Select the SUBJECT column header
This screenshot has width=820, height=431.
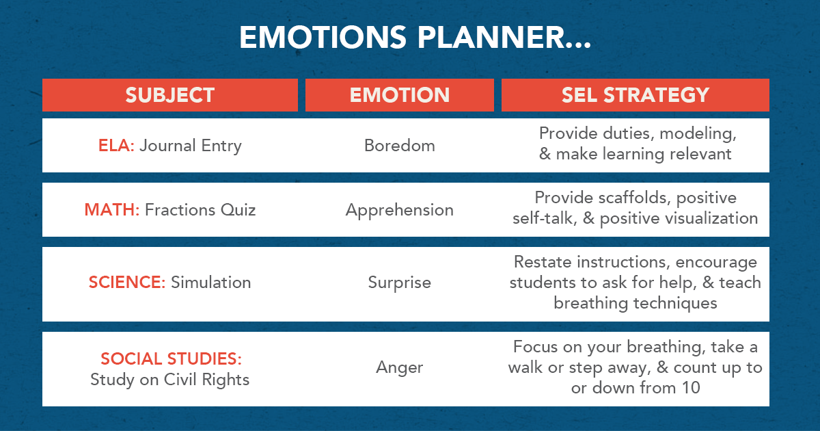[169, 95]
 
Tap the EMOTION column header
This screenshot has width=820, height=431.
[399, 95]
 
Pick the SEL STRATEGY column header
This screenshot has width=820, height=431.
[635, 95]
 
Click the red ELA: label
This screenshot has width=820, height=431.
[116, 146]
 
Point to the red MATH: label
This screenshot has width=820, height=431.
[112, 210]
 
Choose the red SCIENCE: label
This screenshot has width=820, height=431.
[127, 283]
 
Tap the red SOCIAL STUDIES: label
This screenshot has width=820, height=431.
[171, 359]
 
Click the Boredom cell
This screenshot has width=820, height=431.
[399, 146]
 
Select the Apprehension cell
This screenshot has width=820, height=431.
[399, 210]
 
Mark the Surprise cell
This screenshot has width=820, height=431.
[399, 283]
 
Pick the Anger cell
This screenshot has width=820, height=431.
[399, 367]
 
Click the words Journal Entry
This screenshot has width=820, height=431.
[191, 146]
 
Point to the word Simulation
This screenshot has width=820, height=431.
[211, 283]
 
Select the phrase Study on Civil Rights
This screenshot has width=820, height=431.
[169, 380]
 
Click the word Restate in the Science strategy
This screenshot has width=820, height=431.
[543, 262]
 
